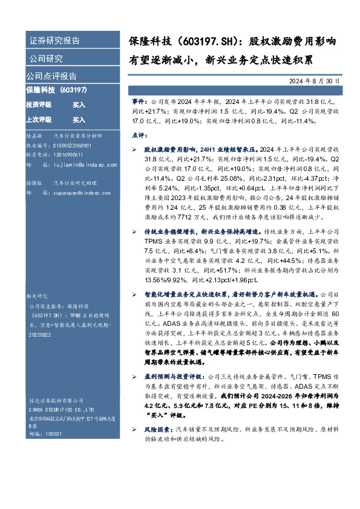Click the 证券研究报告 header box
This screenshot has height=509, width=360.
coord(54,41)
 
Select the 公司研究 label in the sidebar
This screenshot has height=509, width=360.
coord(45,59)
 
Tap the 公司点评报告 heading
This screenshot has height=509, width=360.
coord(51,76)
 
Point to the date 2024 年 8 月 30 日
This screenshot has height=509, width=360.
coord(323,82)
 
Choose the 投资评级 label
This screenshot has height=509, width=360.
coord(39,105)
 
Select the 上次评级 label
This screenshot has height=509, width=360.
coord(39,120)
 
